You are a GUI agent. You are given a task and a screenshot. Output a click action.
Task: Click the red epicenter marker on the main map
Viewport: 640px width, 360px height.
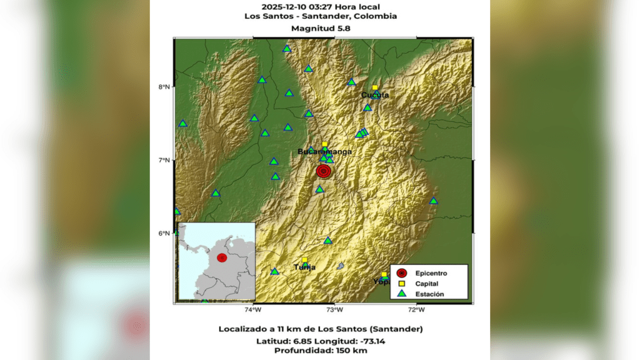pos(323,171)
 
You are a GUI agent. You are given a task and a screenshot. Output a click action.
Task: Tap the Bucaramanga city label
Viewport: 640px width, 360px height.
pos(324,151)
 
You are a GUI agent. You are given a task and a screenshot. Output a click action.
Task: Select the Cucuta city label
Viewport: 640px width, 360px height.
pos(375,95)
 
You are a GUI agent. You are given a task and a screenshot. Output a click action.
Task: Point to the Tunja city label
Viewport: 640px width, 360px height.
pos(304,267)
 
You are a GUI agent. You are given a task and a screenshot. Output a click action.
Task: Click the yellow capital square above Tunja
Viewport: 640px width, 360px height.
pos(304,260)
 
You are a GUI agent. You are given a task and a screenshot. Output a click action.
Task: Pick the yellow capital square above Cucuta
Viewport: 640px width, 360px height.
pos(375,88)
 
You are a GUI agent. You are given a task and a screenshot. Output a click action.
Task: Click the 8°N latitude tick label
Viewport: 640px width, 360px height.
pos(164,87)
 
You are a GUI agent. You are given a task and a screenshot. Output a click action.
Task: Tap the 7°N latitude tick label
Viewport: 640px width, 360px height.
pos(164,161)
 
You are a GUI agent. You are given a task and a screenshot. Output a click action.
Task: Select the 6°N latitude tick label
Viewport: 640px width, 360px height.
pos(164,234)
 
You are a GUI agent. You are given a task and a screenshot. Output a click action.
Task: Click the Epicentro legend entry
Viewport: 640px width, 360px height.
pos(431,273)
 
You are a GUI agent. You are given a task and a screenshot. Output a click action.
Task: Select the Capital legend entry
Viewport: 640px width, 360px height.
pos(426,283)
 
